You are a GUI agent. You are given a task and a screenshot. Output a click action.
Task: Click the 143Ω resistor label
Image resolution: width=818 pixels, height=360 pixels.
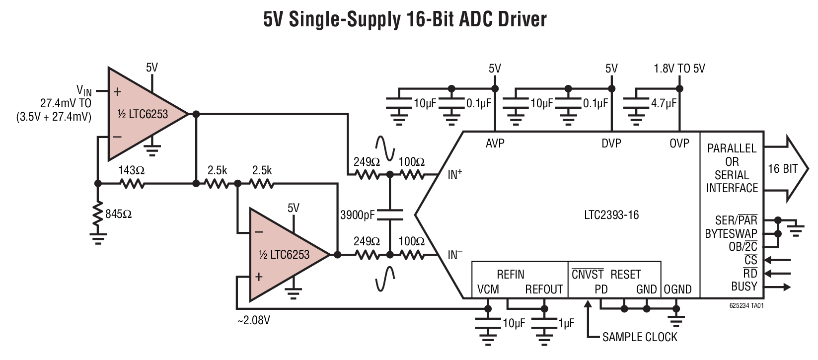[x=131, y=170]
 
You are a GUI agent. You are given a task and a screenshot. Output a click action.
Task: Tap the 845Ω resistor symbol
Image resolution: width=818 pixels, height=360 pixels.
[x=98, y=214]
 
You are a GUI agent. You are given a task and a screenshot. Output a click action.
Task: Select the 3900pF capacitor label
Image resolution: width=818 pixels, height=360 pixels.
[x=358, y=215]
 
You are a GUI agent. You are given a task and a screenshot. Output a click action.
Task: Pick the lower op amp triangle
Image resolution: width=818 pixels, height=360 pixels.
[x=283, y=255]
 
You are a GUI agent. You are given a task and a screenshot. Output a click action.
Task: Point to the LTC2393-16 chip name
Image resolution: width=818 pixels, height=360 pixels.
[x=611, y=215]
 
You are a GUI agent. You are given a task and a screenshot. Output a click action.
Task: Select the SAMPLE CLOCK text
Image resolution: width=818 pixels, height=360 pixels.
[x=640, y=337]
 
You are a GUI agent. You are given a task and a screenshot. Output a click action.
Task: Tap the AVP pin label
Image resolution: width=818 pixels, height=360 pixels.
[x=495, y=144]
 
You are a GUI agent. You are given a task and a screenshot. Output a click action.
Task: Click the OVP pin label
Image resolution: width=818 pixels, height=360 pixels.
[x=679, y=144]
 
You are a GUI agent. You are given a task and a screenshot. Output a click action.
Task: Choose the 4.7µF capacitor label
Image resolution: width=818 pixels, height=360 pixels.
[x=664, y=103]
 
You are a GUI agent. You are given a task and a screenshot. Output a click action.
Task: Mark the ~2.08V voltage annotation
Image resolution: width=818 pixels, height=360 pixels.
[x=254, y=320]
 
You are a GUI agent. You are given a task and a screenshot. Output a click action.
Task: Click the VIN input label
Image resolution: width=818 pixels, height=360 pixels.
[x=84, y=90]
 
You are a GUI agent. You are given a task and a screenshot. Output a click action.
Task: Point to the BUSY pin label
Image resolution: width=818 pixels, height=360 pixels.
[x=744, y=287]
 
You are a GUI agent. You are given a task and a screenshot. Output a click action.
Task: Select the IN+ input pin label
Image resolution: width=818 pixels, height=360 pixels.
[x=455, y=174]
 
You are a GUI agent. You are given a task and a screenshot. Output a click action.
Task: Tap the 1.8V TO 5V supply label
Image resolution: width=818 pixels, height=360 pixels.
[x=679, y=69]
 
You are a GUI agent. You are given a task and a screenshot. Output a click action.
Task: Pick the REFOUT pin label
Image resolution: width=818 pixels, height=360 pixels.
[x=544, y=289]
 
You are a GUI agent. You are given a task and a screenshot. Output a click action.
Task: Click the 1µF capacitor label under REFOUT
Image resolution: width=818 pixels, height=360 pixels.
[x=566, y=323]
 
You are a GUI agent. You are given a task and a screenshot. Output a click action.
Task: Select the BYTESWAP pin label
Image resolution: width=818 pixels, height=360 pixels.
[x=731, y=233]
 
